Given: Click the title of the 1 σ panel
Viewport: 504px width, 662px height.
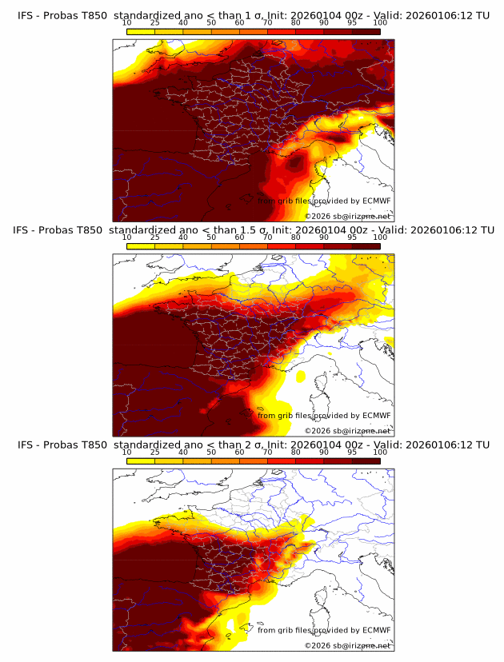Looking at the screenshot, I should click(254, 15).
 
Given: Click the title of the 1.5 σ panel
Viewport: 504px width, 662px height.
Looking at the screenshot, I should click(254, 229).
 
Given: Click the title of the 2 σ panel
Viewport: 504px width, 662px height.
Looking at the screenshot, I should click(254, 445).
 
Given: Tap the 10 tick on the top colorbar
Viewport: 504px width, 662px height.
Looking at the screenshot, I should click(127, 22).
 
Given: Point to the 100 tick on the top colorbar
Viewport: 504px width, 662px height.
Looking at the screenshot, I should click(380, 22).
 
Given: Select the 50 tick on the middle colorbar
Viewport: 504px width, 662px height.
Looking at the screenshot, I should click(211, 237).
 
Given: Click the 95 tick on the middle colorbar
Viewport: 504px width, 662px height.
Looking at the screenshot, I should click(352, 237).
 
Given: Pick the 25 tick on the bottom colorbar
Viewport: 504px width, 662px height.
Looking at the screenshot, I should click(155, 452).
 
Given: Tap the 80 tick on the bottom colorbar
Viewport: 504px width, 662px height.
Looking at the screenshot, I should click(296, 452).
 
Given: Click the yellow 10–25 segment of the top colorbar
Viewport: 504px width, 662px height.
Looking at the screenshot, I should click(141, 30).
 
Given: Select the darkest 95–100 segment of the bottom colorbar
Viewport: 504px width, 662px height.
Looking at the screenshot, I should click(366, 461).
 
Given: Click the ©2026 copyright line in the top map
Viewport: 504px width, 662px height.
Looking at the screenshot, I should click(347, 217).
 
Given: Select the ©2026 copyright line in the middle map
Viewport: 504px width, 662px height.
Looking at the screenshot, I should click(347, 431).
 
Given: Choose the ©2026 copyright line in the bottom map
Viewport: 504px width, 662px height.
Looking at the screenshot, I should click(347, 645).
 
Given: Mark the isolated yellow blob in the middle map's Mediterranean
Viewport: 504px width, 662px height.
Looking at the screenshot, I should click(301, 375).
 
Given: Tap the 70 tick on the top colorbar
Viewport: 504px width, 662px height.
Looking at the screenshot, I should click(267, 22).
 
